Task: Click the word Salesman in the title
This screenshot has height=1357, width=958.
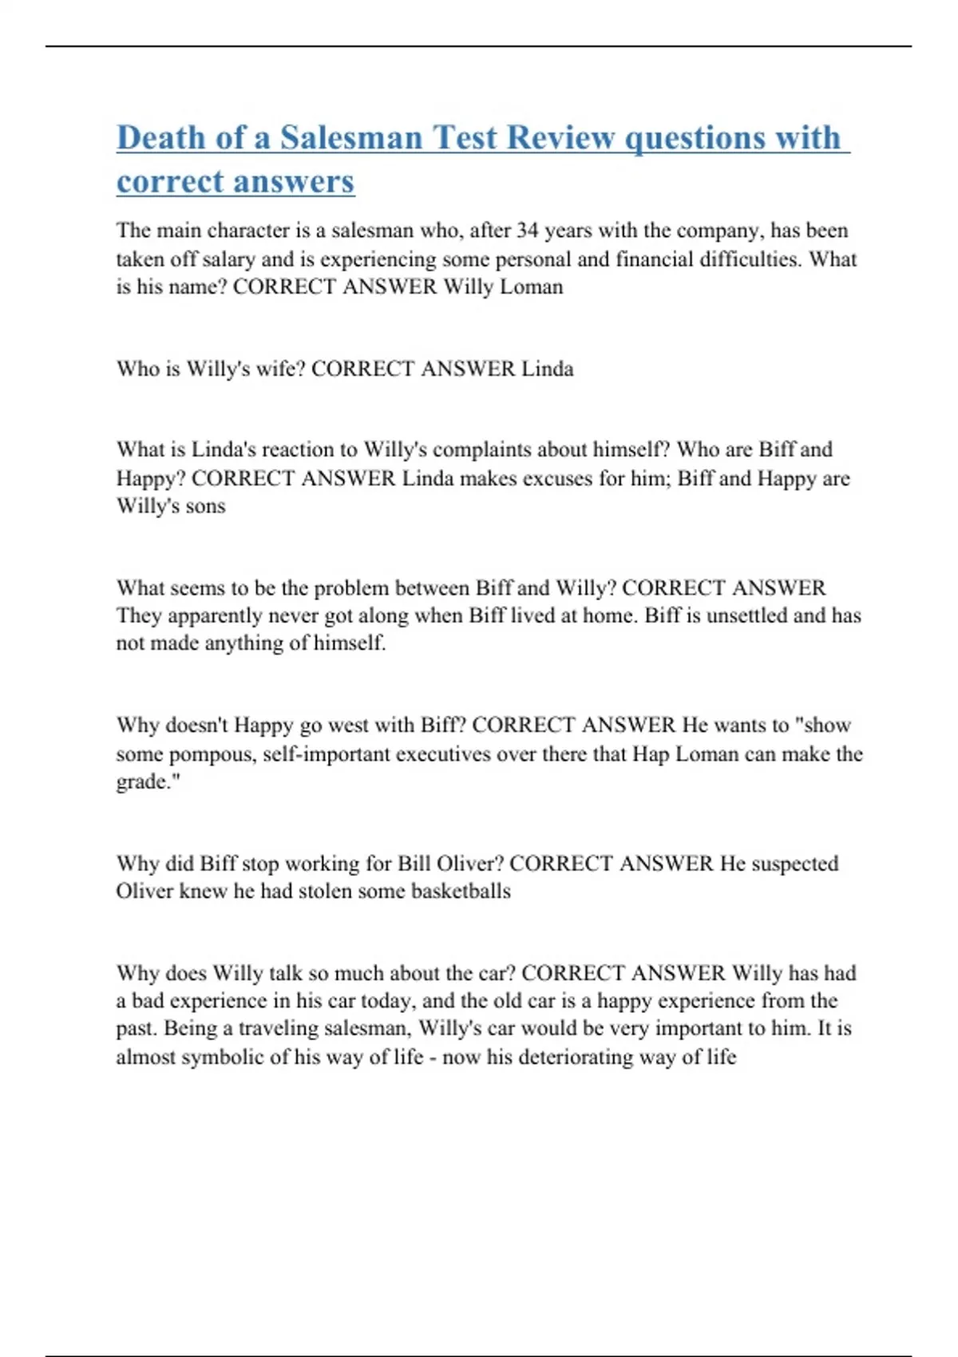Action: click(x=350, y=137)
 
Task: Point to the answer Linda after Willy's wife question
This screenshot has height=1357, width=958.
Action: click(x=547, y=369)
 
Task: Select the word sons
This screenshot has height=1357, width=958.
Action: click(x=206, y=506)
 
